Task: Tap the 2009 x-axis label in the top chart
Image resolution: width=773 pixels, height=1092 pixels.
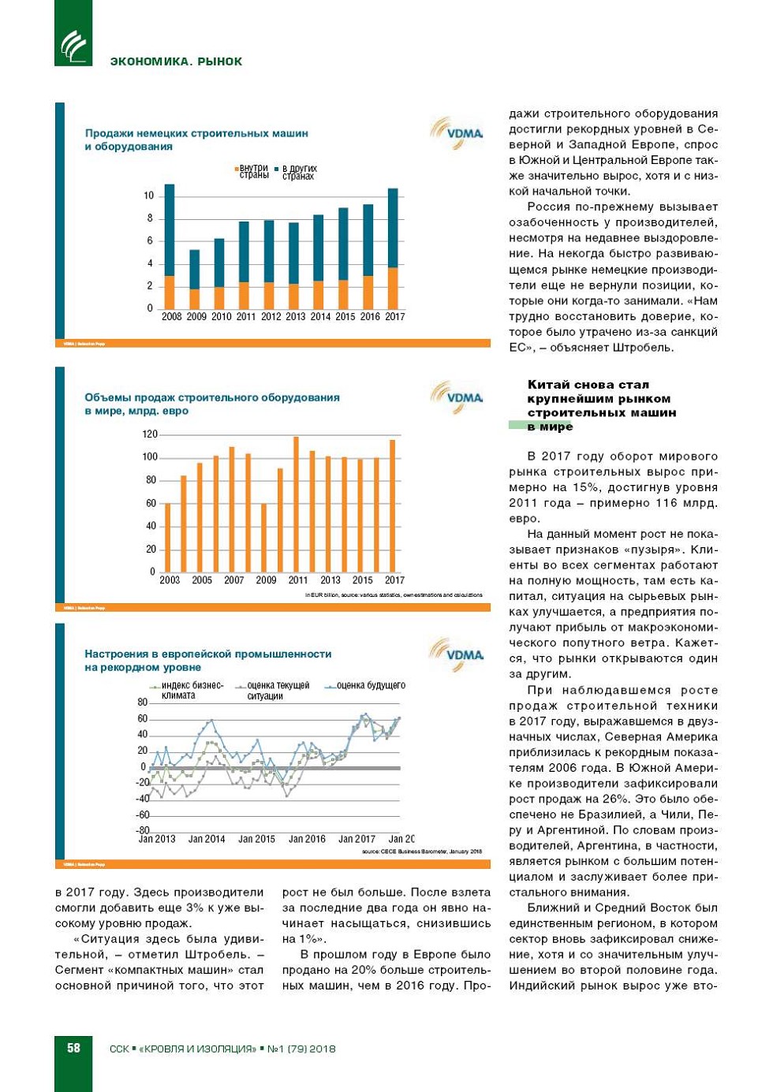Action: click(196, 317)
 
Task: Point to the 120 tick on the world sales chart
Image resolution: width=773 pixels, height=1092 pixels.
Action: click(150, 434)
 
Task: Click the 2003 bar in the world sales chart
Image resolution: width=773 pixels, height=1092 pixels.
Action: click(167, 537)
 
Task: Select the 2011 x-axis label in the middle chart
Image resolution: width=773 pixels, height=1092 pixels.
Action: click(298, 580)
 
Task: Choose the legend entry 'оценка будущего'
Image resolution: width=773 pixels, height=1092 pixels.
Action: click(368, 686)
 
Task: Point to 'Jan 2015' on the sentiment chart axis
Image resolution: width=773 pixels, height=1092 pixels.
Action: click(256, 840)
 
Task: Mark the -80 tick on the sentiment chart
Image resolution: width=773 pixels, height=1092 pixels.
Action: click(143, 830)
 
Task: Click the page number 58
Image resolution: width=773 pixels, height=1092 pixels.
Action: click(73, 1048)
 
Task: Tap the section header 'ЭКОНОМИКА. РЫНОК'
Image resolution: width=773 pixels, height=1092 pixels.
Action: click(176, 61)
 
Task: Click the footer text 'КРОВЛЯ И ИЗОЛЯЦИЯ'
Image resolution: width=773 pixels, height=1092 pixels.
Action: click(198, 1049)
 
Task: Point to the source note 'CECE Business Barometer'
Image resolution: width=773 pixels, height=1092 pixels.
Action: click(421, 852)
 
